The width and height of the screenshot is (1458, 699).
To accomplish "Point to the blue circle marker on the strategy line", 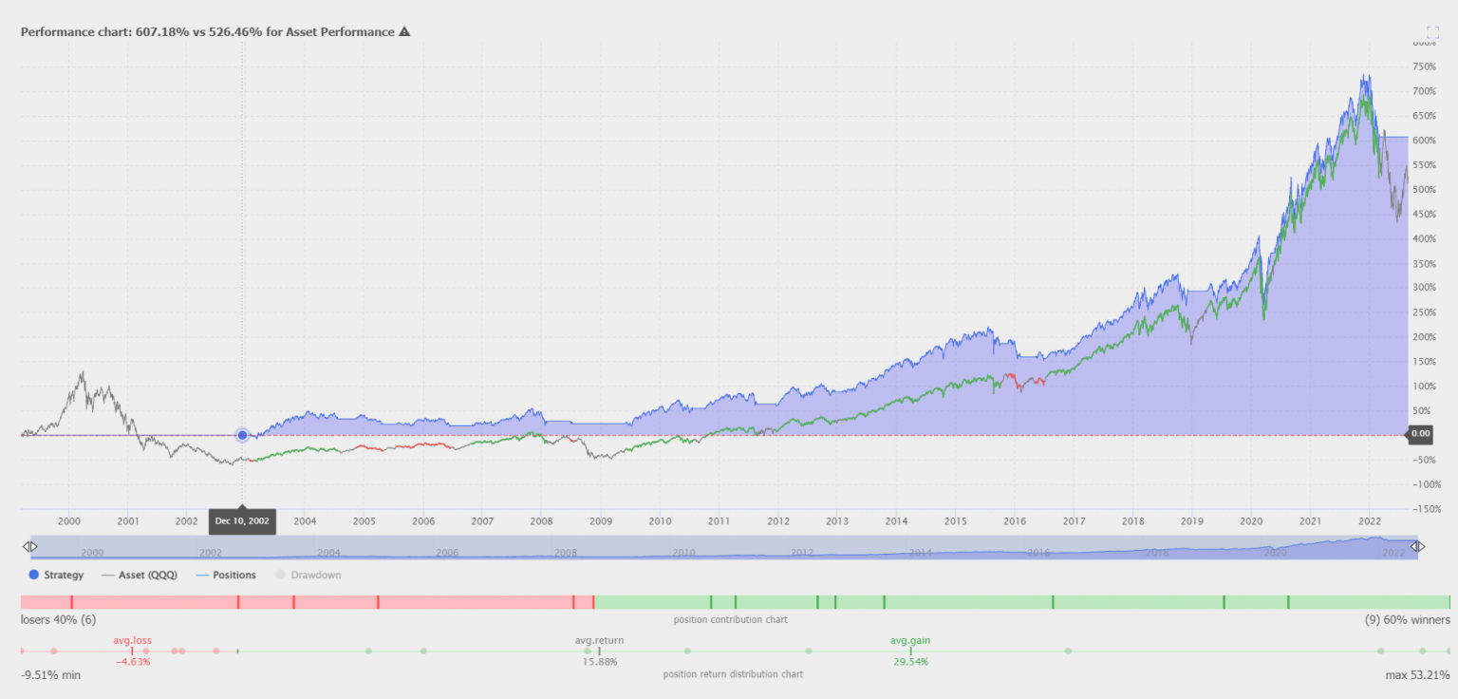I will pyautogui.click(x=242, y=435).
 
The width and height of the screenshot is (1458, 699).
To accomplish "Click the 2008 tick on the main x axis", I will pyautogui.click(x=541, y=521).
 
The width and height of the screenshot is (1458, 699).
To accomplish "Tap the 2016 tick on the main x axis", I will pyautogui.click(x=1015, y=521).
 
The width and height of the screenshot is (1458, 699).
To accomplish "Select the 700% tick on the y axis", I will pyautogui.click(x=1424, y=91).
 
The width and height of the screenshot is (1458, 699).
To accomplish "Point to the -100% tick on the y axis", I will pyautogui.click(x=1426, y=484).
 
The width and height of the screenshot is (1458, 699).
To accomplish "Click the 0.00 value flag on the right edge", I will pyautogui.click(x=1419, y=434).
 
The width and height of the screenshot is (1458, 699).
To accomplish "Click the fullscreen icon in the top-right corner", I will pyautogui.click(x=1432, y=32).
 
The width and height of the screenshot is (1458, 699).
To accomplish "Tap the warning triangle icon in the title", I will pyautogui.click(x=404, y=31).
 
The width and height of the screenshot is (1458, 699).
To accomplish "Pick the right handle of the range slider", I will pyautogui.click(x=1418, y=547).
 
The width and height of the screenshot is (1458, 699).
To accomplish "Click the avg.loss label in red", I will pyautogui.click(x=132, y=640).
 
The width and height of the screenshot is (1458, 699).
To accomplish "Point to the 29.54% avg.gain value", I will pyautogui.click(x=909, y=662).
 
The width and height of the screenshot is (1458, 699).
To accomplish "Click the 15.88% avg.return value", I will pyautogui.click(x=599, y=662).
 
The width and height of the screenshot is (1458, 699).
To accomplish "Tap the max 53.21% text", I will pyautogui.click(x=1417, y=675).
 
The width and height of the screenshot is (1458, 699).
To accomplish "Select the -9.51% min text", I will pyautogui.click(x=50, y=675).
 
